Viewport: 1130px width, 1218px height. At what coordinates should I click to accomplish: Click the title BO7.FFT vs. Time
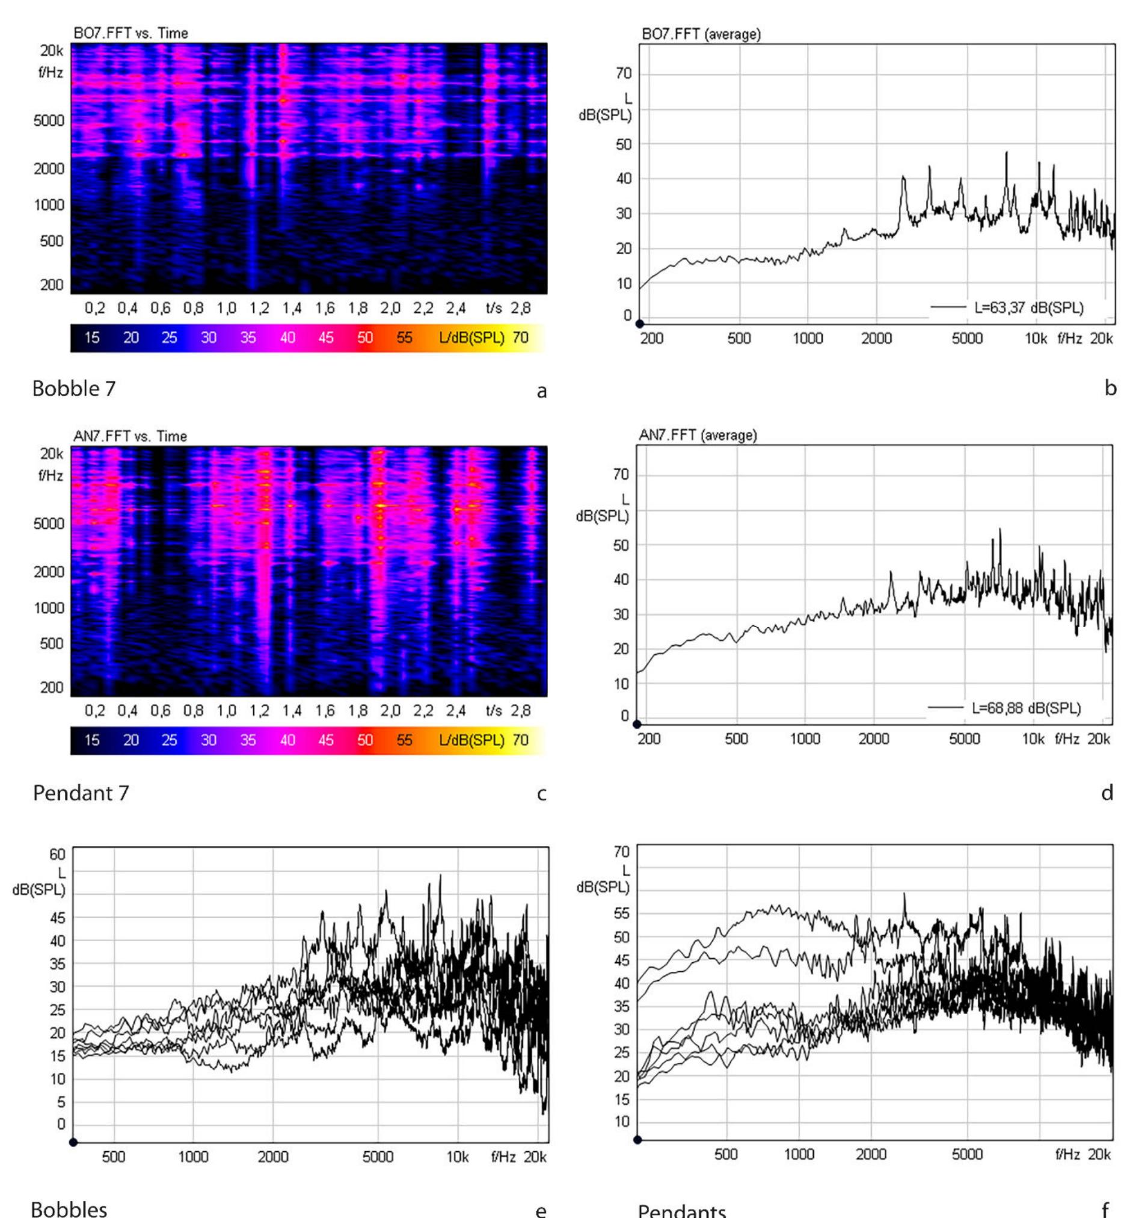(x=131, y=33)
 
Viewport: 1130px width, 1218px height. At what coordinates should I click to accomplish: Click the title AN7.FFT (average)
(x=698, y=435)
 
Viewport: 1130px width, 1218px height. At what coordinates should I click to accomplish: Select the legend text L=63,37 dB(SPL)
(x=1028, y=307)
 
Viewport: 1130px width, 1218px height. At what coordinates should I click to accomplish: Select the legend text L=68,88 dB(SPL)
(x=1026, y=708)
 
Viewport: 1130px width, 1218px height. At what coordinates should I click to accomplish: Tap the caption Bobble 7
(x=74, y=389)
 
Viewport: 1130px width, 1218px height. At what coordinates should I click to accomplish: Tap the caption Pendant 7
(x=81, y=793)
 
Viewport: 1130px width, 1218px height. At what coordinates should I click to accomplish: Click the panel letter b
(x=1110, y=389)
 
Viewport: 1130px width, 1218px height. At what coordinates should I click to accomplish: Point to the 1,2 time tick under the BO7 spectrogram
(x=259, y=308)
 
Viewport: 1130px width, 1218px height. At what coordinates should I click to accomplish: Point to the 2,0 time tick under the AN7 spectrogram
(x=390, y=710)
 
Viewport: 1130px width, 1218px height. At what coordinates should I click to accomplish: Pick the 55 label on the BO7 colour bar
(x=404, y=337)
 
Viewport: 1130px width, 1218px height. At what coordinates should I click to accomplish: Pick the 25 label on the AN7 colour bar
(x=170, y=740)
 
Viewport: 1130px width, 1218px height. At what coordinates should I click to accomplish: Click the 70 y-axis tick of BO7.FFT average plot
(x=623, y=73)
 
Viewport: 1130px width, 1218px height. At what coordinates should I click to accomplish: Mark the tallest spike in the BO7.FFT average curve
(x=1007, y=153)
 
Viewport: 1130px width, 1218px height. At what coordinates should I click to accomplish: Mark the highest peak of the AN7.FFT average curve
(x=1000, y=530)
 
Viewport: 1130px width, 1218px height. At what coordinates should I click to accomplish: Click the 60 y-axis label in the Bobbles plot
(x=58, y=854)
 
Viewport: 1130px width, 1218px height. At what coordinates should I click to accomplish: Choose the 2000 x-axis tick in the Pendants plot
(x=871, y=1154)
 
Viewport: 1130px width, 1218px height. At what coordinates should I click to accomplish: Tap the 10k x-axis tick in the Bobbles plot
(x=458, y=1156)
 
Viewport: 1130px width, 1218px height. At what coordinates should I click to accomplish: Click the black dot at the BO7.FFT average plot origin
(x=640, y=324)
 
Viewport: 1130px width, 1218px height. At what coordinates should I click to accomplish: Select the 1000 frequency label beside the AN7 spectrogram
(x=49, y=607)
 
